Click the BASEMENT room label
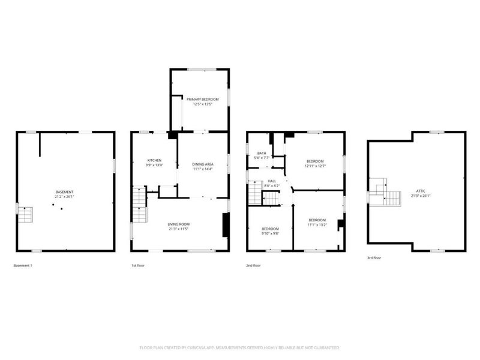click(65, 191)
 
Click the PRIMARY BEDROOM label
click(202, 99)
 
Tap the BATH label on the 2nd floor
click(262, 154)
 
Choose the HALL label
click(272, 181)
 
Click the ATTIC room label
click(418, 191)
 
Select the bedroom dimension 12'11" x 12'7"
click(316, 166)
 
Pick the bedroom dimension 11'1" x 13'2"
click(317, 225)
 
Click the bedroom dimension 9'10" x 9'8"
click(270, 233)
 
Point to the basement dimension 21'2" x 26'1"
click(65, 196)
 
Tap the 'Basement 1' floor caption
click(23, 265)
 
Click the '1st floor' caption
click(138, 265)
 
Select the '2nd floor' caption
click(253, 265)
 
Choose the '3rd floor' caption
click(374, 257)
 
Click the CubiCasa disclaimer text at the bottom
click(240, 347)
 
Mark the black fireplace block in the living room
click(225, 226)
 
